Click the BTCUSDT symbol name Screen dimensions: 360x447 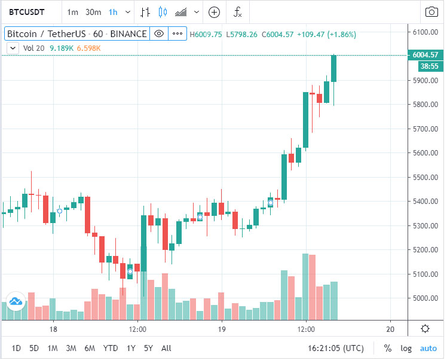coord(29,12)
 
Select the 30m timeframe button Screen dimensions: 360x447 coord(93,12)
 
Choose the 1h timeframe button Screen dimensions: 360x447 coord(113,12)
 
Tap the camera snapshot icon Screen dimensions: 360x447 coord(431,12)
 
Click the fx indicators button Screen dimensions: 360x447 coord(237,12)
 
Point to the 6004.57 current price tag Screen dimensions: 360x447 coord(425,56)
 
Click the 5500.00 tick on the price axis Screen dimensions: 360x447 coord(425,178)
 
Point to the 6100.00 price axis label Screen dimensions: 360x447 coord(425,32)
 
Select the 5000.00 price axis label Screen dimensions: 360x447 coord(425,298)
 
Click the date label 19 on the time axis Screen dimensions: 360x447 coord(222,330)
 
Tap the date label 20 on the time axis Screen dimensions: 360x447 coord(390,330)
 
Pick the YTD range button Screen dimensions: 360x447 coord(110,348)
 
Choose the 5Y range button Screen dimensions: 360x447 coord(148,348)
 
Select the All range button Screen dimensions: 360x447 coord(166,348)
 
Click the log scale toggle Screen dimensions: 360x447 coord(406,348)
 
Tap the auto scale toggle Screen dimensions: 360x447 coord(428,348)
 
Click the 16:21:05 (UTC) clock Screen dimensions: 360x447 coord(335,348)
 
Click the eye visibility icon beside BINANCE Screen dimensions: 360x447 coord(159,34)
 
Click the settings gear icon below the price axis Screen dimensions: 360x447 coord(425,328)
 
